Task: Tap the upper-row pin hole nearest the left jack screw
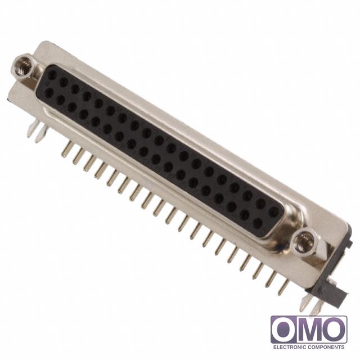point(52,74)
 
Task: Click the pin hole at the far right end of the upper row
point(273,212)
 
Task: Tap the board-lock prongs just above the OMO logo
point(311,304)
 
